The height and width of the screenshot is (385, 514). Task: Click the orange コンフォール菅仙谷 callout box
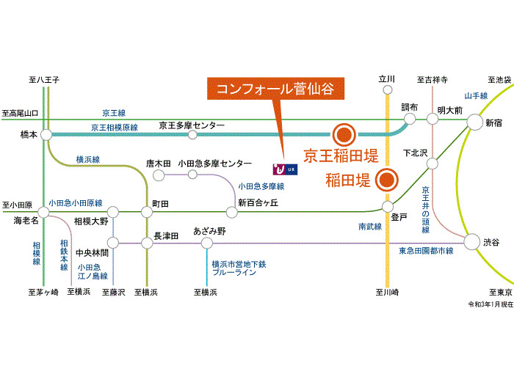tap(275, 89)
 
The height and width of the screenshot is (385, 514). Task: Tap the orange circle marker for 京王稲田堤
tap(344, 134)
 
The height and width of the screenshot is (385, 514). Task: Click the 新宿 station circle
tap(474, 122)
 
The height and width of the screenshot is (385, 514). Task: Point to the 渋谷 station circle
tap(472, 241)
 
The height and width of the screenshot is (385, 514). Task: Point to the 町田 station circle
tap(147, 212)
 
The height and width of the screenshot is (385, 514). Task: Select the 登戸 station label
tap(399, 216)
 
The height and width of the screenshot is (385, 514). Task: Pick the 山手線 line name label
tap(476, 96)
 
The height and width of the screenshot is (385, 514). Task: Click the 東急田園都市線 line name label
tap(426, 251)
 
